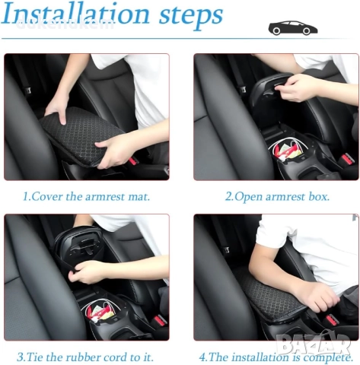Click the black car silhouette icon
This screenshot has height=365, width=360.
coord(293,28)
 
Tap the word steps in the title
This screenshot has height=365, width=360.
coord(191,15)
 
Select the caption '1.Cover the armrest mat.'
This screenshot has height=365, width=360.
coord(86,196)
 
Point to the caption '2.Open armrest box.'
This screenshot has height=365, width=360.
coord(277,196)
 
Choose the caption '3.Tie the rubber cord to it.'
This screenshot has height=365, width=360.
coord(85,357)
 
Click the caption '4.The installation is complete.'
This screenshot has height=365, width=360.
coord(276,357)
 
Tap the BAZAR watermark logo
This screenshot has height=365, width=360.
coord(314,344)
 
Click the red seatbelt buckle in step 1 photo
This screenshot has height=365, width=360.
coord(132,160)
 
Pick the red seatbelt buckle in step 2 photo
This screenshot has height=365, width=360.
coord(347,159)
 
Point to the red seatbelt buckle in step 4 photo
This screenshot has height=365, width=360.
coord(331,319)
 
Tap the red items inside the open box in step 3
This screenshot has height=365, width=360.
coord(97,313)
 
